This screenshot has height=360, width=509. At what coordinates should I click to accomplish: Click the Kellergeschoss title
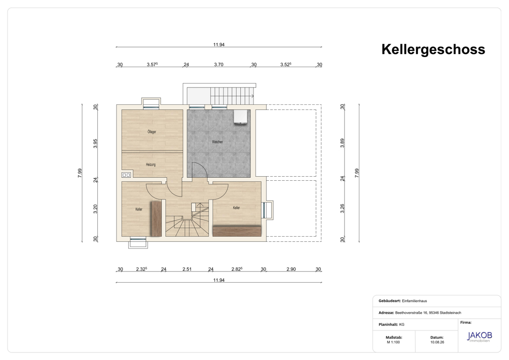click(x=433, y=50)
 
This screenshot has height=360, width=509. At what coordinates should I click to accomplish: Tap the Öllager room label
click(x=152, y=132)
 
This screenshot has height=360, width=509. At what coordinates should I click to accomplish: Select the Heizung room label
click(x=151, y=164)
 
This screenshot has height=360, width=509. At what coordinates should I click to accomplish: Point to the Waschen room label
click(x=217, y=142)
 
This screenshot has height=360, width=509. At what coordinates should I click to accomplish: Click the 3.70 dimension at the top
click(x=218, y=65)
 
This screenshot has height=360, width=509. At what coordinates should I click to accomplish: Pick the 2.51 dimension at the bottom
click(x=187, y=269)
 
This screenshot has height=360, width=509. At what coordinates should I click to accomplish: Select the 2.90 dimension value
click(x=291, y=269)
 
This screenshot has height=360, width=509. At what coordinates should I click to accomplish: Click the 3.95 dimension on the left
click(x=96, y=144)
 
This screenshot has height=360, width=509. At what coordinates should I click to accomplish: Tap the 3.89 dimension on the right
click(x=342, y=143)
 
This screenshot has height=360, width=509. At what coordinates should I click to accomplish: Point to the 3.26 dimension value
click(x=342, y=209)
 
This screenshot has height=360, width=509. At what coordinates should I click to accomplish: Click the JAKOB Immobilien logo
click(x=479, y=336)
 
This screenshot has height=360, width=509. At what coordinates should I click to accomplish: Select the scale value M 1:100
click(x=393, y=342)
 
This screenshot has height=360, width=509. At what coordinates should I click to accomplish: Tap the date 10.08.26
click(x=437, y=342)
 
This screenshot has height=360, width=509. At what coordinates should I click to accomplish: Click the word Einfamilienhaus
click(x=414, y=301)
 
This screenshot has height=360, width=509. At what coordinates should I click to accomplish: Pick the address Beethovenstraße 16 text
click(x=411, y=313)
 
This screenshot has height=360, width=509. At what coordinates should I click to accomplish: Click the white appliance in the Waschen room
click(x=241, y=117)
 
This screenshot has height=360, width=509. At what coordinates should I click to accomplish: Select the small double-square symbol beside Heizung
click(x=126, y=175)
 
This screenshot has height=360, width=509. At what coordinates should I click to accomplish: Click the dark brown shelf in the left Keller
click(x=156, y=218)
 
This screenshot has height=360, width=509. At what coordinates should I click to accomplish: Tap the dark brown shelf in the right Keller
click(x=237, y=231)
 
